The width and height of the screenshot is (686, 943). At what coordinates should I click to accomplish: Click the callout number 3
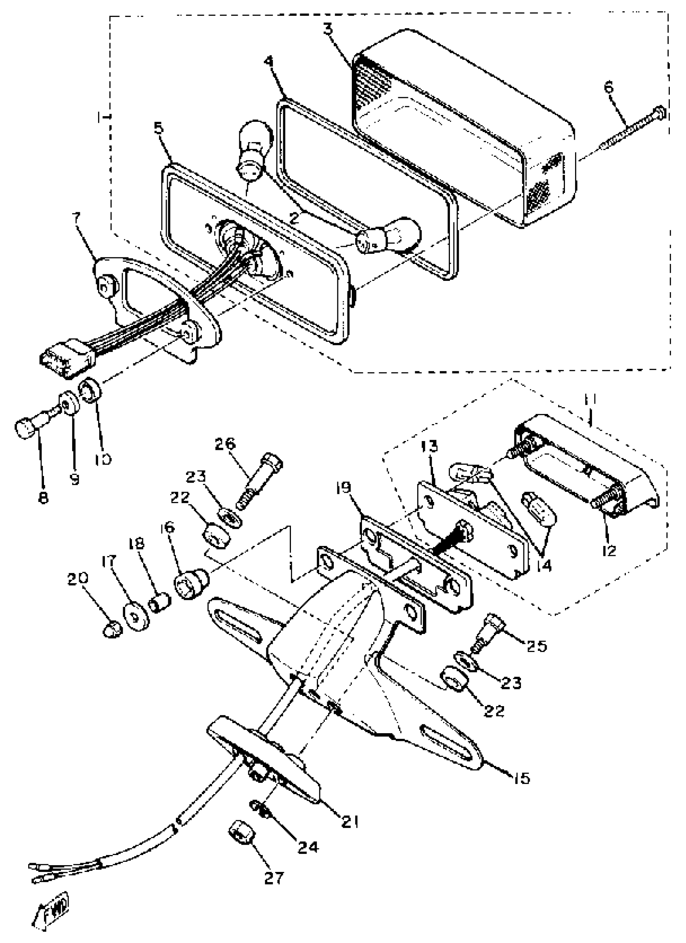pos(328,29)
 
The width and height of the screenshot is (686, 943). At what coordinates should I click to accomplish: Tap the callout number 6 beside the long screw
pos(608,88)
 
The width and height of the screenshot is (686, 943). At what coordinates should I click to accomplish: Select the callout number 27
pos(274,878)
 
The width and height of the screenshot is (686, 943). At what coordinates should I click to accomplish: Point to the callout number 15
pos(522,778)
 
